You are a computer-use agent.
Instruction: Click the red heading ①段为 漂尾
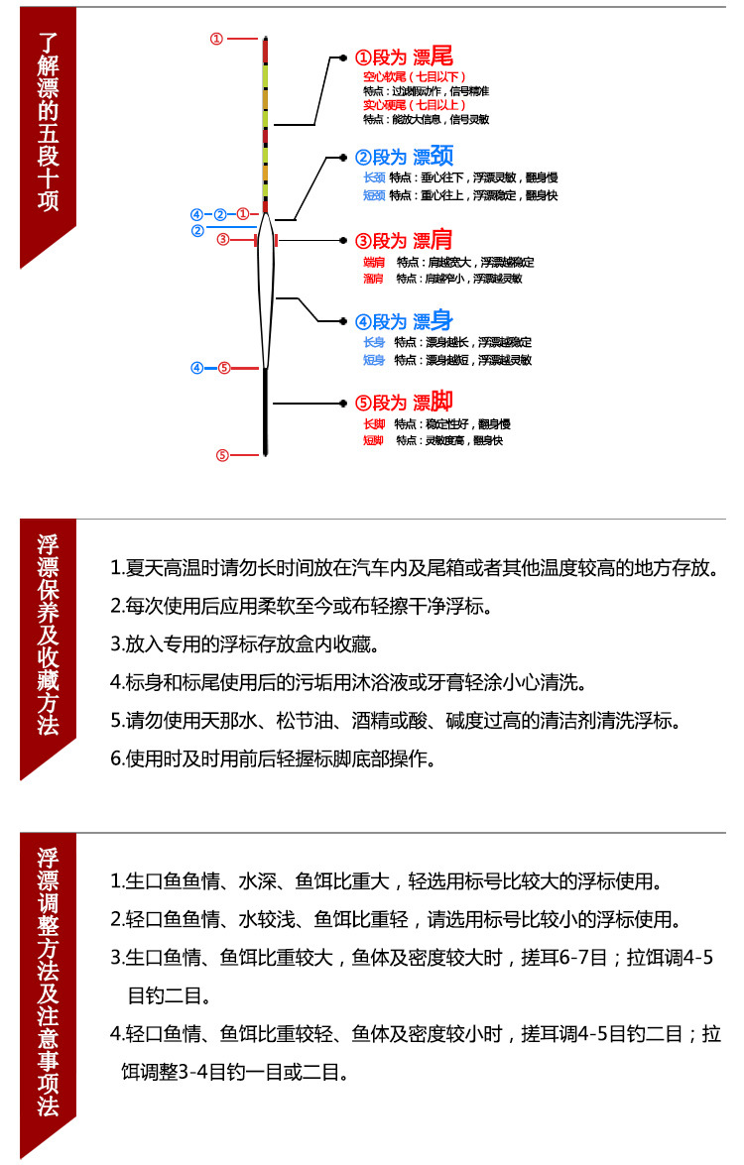coord(404,58)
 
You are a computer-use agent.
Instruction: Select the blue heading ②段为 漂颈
coord(404,156)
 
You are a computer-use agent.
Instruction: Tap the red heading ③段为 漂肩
coord(404,240)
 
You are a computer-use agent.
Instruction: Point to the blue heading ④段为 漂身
coord(404,321)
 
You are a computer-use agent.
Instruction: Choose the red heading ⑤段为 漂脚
coord(404,403)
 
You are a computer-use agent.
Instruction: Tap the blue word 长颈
coord(375,177)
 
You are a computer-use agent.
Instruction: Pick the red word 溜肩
coord(374,279)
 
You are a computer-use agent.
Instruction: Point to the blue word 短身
coord(374,360)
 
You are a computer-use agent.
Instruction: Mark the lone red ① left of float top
coord(216,39)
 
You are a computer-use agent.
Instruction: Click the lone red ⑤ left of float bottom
coord(223,455)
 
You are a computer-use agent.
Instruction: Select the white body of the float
coord(265,297)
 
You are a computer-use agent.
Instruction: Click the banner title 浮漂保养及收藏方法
coord(48,635)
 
